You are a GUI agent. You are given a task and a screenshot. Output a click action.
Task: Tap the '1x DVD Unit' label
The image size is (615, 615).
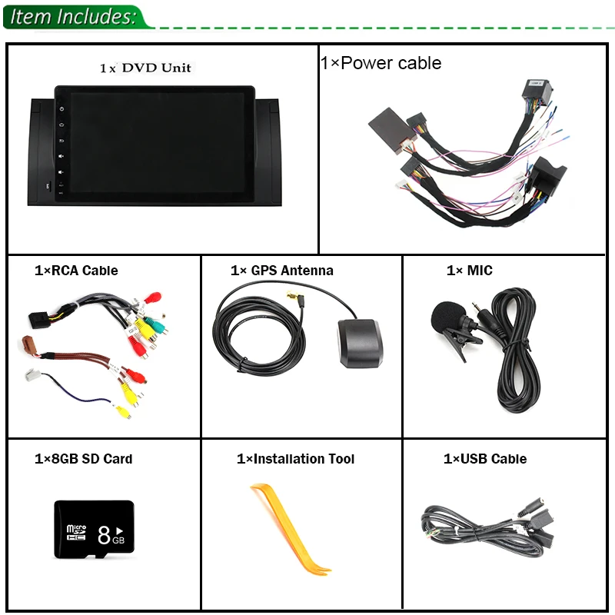pyautogui.click(x=145, y=68)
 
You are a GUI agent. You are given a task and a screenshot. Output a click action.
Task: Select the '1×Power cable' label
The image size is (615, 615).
pyautogui.click(x=381, y=63)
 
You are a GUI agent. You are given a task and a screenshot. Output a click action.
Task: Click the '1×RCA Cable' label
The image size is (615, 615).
pyautogui.click(x=76, y=271)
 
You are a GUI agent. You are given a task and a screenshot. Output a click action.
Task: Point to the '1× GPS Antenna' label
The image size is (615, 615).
pyautogui.click(x=281, y=271)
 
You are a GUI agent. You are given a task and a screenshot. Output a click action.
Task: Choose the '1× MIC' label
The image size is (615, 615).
pyautogui.click(x=469, y=271)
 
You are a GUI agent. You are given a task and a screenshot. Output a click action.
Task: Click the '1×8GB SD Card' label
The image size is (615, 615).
pyautogui.click(x=83, y=459)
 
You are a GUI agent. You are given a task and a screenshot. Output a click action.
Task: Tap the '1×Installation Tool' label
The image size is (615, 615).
pyautogui.click(x=295, y=459)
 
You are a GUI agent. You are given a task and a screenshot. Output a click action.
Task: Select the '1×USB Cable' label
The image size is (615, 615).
pyautogui.click(x=484, y=459)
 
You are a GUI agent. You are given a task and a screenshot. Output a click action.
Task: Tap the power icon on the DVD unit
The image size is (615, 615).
pyautogui.click(x=61, y=108)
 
